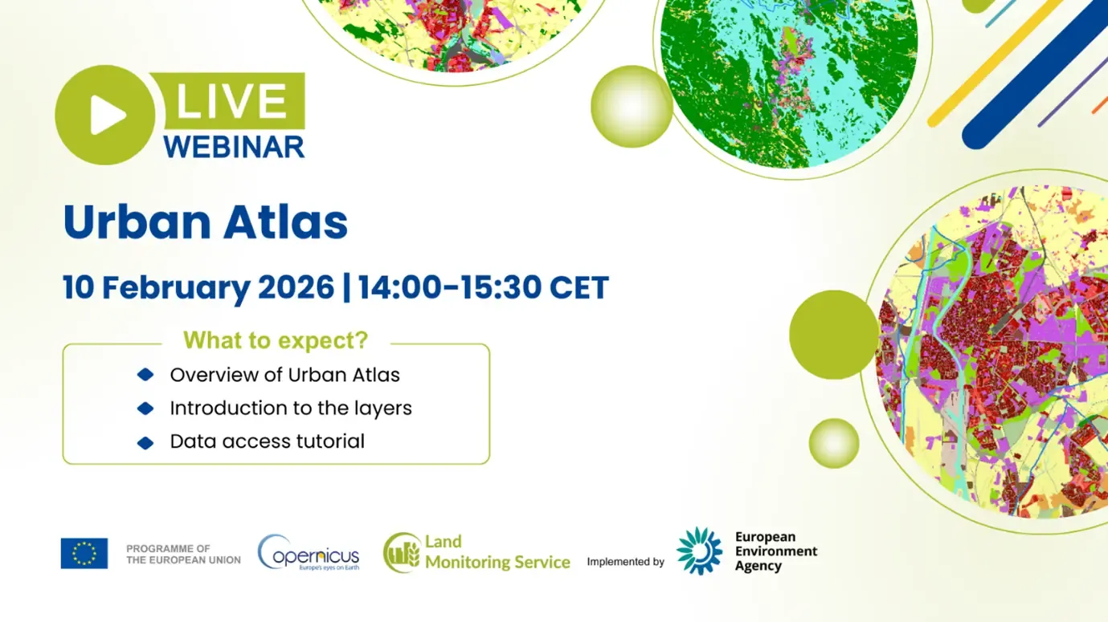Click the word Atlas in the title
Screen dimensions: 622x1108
[288, 223]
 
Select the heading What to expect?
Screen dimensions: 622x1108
[276, 340]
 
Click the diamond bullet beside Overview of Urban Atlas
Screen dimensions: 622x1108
[145, 375]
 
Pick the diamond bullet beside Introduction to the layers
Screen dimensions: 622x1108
[145, 409]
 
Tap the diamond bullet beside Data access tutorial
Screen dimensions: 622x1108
[145, 442]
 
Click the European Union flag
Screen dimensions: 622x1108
[84, 553]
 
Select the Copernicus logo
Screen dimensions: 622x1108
[309, 553]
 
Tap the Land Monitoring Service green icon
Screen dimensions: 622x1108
[402, 553]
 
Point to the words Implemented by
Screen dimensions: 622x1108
[625, 562]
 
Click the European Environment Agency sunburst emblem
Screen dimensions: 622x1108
[699, 551]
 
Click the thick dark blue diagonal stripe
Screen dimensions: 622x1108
[1036, 76]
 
